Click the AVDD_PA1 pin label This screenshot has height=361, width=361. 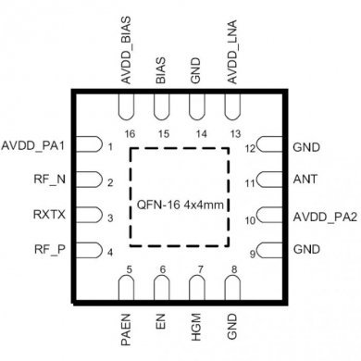[x=34, y=146]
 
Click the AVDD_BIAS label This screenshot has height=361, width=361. [x=127, y=52]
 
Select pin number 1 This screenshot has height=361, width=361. [x=109, y=146]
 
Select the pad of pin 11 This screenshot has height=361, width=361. [x=268, y=180]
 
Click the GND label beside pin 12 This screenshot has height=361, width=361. [x=306, y=146]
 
